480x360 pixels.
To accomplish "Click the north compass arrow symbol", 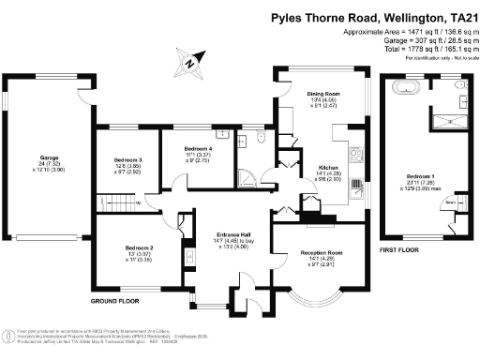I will (188, 64).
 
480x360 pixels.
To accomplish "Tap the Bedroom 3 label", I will (127, 160).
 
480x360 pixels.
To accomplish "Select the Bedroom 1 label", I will (419, 176).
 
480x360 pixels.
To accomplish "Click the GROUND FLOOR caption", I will (116, 301).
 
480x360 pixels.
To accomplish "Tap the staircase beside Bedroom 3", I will (113, 201).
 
